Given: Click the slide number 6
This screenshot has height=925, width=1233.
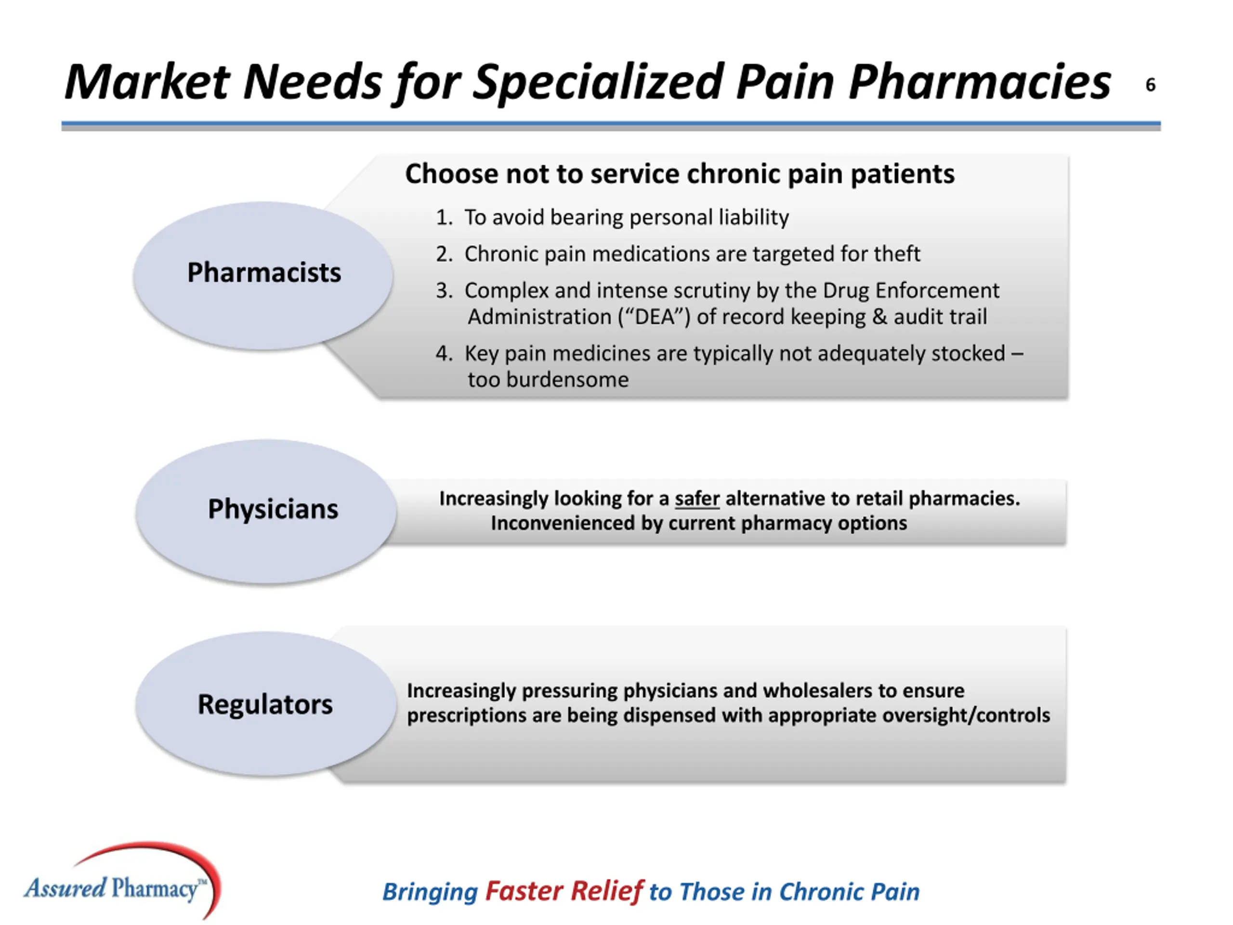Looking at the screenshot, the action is coord(1150,85).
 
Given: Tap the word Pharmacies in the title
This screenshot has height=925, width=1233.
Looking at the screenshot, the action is coord(979,82).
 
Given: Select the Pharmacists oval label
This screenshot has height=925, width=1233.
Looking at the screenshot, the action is coord(263,273).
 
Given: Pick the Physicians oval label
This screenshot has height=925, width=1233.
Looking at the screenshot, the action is coord(273,509).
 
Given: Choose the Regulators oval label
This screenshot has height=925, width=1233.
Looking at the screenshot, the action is coord(265,704).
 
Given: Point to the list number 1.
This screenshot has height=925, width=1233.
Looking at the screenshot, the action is coord(443,217).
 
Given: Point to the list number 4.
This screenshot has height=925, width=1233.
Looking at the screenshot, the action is coord(443,354).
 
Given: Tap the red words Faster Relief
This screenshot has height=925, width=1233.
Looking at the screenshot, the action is coord(564,891).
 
